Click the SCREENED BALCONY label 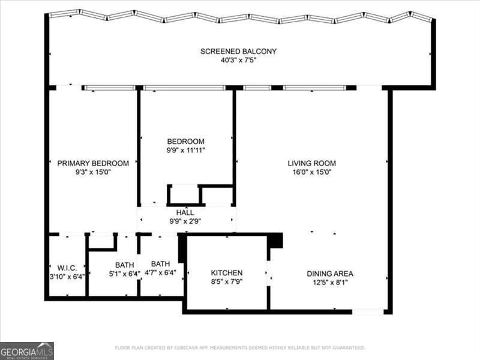tap(238, 52)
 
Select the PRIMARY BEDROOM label tap(93, 163)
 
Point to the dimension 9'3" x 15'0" tap(93, 172)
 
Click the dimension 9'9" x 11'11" tap(186, 151)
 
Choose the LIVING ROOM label tap(311, 163)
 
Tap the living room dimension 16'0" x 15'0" tap(311, 172)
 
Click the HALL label tap(184, 212)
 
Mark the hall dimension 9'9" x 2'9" tap(184, 221)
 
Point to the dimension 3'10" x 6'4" tap(65, 277)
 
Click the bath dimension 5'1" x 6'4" tap(124, 274)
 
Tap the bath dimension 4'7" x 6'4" tap(160, 273)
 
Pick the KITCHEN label tap(226, 273)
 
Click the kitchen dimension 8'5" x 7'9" tap(226, 281)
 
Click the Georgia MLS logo tap(27, 350)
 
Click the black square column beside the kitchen tap(275, 240)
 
